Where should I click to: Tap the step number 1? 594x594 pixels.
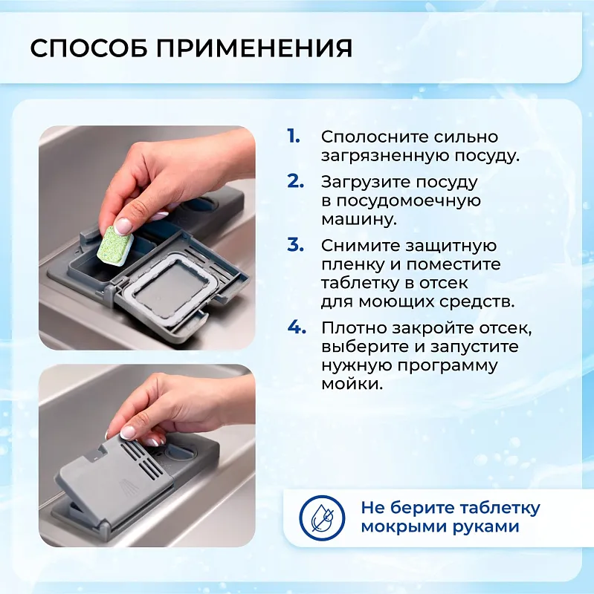294,137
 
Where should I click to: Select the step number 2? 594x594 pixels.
295,181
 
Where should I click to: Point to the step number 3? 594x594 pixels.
295,245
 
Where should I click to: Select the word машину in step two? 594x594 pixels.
354,220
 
